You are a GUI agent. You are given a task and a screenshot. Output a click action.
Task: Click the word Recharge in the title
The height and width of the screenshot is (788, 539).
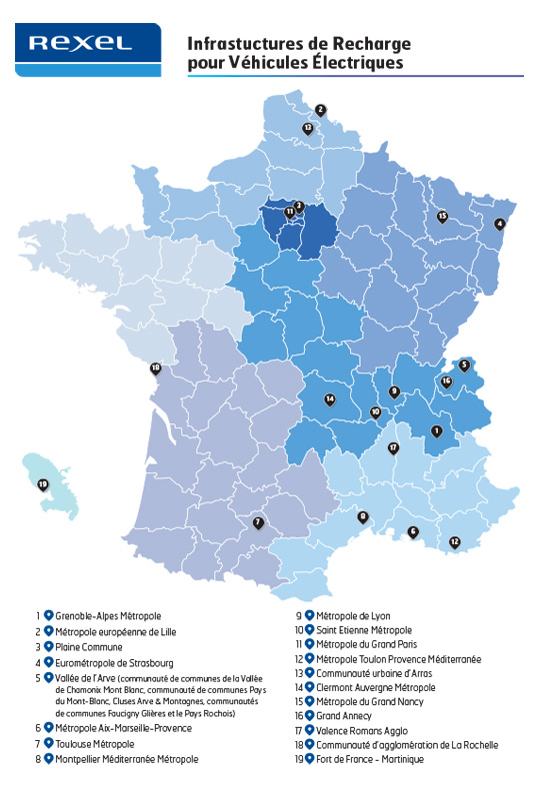366,45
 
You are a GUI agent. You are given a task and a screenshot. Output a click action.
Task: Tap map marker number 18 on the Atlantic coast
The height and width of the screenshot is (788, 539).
155,369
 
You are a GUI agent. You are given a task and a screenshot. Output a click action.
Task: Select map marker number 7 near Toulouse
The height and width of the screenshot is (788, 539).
258,521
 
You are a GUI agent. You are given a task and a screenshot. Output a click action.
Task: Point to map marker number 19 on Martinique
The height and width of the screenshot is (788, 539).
43,485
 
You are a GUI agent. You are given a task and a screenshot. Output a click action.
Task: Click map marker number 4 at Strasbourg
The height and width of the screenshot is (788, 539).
499,225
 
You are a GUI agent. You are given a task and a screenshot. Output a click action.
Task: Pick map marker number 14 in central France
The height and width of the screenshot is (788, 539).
329,399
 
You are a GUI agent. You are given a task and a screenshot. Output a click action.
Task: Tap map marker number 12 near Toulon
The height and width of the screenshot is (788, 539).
455,542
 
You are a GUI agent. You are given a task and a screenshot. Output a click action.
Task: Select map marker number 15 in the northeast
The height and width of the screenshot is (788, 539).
442,216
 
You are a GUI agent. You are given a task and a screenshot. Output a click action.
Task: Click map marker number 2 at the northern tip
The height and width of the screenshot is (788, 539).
320,110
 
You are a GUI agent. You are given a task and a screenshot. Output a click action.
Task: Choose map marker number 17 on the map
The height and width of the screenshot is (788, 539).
393,447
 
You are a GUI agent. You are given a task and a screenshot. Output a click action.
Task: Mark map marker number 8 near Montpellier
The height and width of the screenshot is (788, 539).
363,516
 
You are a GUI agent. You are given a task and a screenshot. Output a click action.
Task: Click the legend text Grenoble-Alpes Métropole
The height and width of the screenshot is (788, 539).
108,616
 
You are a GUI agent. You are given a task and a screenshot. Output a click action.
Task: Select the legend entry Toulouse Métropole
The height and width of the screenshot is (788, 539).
95,744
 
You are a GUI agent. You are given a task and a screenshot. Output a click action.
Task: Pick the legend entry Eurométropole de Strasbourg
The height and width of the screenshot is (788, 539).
114,662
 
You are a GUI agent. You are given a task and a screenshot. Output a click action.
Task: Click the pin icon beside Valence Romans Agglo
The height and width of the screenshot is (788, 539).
310,730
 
